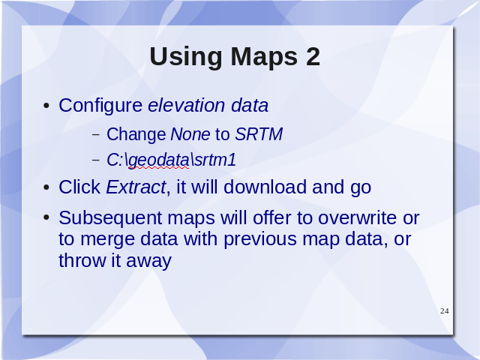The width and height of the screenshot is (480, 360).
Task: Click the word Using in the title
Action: [x=186, y=57]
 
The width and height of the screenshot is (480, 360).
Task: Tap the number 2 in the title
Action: [x=313, y=56]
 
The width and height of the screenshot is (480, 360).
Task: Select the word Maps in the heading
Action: [x=264, y=58]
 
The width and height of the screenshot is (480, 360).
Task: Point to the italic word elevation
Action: [x=187, y=105]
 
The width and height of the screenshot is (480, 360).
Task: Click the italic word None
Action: [x=190, y=134]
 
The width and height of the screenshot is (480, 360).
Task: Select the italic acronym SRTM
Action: [x=259, y=134]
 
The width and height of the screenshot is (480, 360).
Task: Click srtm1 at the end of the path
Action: [x=215, y=160]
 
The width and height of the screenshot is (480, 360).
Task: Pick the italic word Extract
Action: [x=136, y=187]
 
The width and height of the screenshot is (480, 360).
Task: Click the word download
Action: [x=265, y=187]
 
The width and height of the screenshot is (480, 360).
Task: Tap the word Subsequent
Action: [x=110, y=219]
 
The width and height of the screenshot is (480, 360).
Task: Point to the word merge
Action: [x=107, y=240]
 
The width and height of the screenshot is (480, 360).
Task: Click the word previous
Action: [x=260, y=240]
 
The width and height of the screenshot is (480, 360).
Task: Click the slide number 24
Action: [x=445, y=311]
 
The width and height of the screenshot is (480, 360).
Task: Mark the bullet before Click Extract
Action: [x=46, y=187]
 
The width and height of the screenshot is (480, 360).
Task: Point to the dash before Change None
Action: [x=96, y=135]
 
